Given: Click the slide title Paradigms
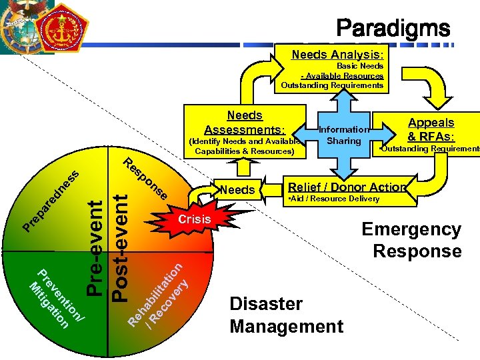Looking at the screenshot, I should (393, 29).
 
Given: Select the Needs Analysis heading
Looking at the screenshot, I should (337, 55).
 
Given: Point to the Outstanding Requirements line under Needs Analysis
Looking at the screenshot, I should (332, 85).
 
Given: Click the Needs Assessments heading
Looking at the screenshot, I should (245, 123).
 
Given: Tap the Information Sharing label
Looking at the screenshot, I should (343, 135).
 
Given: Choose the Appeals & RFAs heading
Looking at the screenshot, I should (431, 129).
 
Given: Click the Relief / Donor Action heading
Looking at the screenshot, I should (346, 187).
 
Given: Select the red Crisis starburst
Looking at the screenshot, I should (193, 219).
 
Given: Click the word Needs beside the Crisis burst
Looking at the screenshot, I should (237, 190).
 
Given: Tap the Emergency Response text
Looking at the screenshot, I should (412, 240).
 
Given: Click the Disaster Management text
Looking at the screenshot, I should (286, 315).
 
